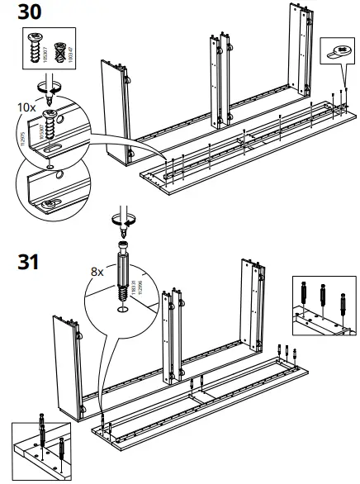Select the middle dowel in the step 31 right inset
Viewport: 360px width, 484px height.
tap(320, 296)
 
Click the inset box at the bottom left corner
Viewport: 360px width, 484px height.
tap(41, 451)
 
